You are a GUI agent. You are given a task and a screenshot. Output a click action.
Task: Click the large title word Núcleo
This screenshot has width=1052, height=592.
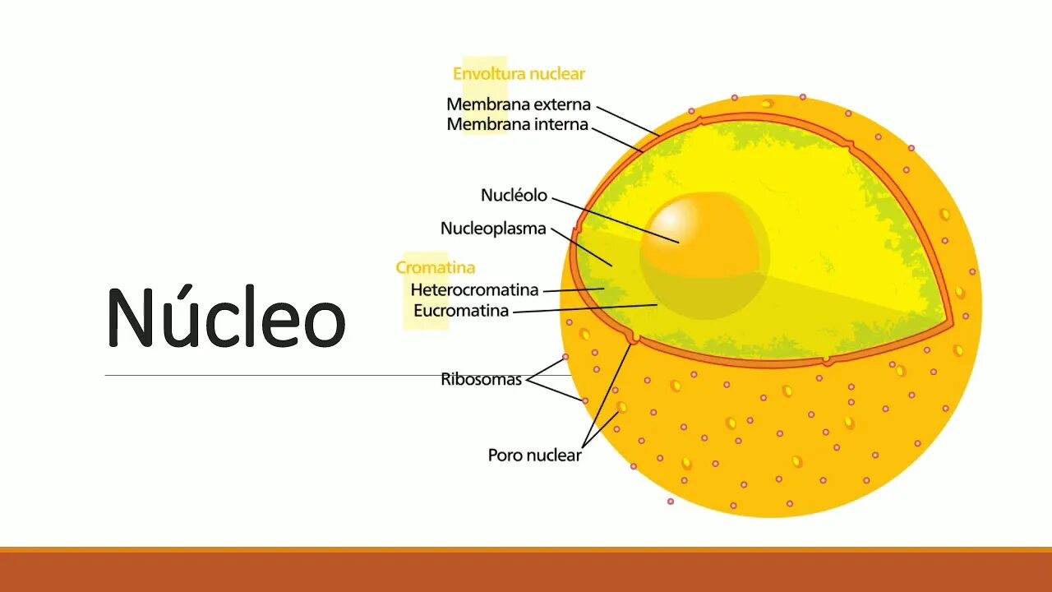tap(226, 317)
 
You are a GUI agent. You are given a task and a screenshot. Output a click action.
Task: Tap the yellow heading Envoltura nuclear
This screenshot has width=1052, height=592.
tap(519, 74)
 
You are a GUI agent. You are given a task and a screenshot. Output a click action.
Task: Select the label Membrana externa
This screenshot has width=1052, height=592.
tap(519, 104)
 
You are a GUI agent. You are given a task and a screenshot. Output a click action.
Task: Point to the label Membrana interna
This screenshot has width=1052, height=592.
tap(518, 125)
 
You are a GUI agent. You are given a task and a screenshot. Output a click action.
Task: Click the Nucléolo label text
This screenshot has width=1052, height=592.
tap(514, 196)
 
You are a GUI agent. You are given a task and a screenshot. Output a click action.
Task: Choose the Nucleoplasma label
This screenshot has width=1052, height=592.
tap(493, 229)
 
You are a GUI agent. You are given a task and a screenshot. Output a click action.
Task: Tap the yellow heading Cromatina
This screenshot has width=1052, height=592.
tap(435, 267)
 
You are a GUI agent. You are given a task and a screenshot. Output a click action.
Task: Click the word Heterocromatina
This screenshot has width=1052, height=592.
tap(474, 290)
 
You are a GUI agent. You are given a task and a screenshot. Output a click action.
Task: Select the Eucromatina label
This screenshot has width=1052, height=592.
tap(461, 311)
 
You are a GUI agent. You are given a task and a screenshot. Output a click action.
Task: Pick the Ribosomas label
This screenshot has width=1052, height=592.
tap(481, 380)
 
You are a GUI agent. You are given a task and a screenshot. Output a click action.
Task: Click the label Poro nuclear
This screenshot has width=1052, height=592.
tap(534, 455)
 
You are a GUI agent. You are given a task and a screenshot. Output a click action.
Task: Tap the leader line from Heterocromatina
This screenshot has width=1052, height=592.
tap(573, 289)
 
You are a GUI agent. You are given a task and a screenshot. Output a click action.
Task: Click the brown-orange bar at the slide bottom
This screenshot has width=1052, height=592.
tap(526, 571)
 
